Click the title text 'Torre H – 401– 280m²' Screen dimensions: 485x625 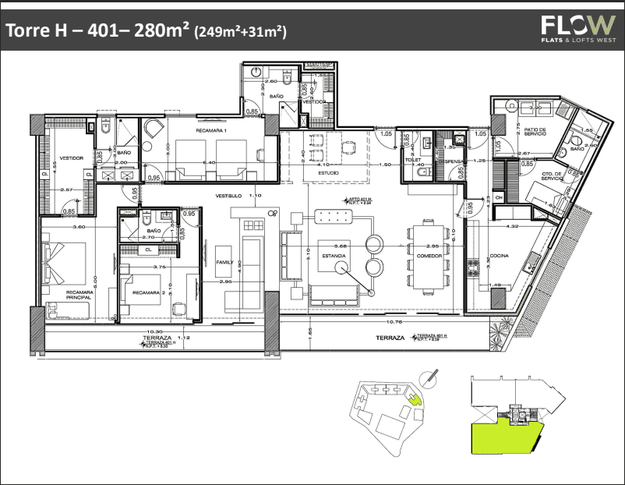coord(97,32)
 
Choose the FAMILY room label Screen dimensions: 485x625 coord(224,263)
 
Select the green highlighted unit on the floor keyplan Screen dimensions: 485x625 coord(503,436)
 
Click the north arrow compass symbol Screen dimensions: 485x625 coord(428,377)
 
